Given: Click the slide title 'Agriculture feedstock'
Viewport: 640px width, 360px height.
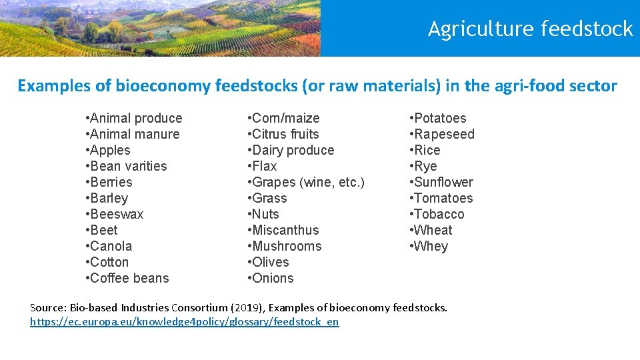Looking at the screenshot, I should click(530, 29).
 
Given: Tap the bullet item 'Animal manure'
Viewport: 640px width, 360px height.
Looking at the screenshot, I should click(134, 134).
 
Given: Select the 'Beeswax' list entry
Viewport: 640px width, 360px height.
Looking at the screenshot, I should click(116, 214).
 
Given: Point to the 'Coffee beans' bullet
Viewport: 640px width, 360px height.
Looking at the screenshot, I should click(129, 278).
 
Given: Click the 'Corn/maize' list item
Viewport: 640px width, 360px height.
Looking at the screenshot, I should click(285, 118).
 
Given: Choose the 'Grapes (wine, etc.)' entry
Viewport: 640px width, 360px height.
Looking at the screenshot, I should click(308, 182).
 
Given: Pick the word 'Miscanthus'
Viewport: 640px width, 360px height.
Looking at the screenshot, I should click(285, 230).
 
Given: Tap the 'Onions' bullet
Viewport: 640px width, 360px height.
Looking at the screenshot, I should click(273, 278).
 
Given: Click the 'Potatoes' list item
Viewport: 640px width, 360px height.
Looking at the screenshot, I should click(440, 118).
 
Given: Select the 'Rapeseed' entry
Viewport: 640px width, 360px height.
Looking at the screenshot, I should click(444, 134).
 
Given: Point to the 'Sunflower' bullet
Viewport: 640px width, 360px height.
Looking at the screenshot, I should click(443, 182).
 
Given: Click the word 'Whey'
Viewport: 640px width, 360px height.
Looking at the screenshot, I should click(431, 246).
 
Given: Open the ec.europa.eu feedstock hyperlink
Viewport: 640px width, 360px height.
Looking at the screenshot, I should click(185, 322).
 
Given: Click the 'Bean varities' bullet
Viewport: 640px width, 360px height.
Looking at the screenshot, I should click(128, 166).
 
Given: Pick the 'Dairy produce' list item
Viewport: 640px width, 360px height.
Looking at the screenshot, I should click(293, 150).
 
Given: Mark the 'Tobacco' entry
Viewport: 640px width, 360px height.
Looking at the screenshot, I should click(439, 214).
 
